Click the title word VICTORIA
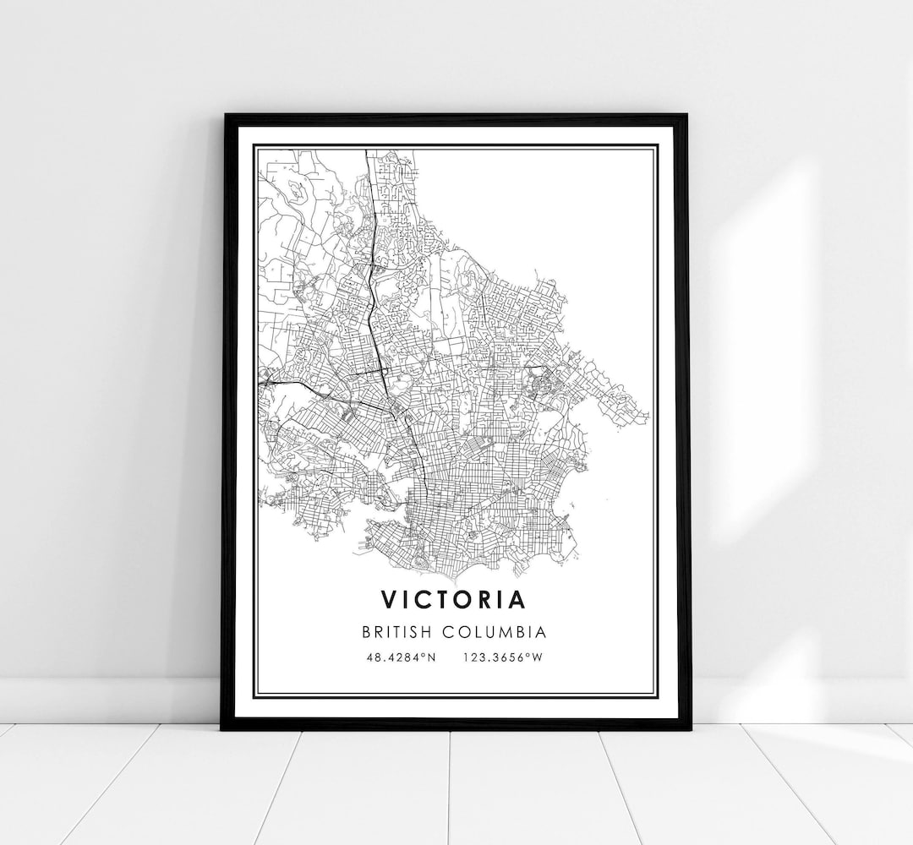click(453, 599)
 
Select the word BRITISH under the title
click(401, 631)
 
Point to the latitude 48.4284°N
click(402, 657)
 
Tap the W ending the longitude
click(537, 657)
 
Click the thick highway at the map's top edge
click(365, 155)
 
